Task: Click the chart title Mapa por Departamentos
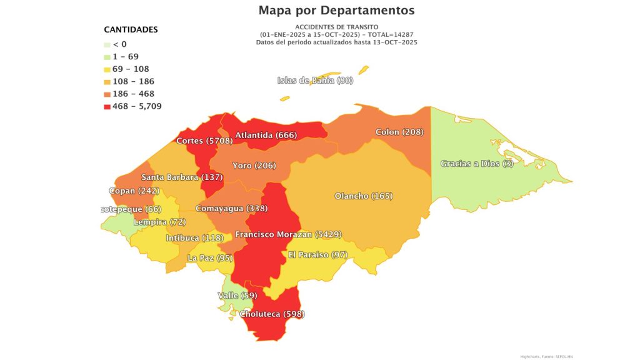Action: tap(336, 11)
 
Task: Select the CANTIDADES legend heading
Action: tap(131, 29)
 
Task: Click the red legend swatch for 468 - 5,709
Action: tap(107, 107)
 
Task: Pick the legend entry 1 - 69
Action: tap(126, 57)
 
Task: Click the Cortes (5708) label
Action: tap(204, 141)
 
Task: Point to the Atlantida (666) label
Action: tap(266, 135)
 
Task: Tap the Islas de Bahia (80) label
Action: tap(315, 81)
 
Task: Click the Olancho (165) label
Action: tap(363, 196)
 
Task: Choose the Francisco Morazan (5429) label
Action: tap(287, 234)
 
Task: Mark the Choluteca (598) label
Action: tap(272, 314)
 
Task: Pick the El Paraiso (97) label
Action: tap(317, 255)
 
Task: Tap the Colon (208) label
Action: tap(399, 132)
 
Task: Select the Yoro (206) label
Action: tap(254, 166)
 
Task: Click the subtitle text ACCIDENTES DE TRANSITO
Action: tap(336, 27)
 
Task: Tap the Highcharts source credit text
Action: tap(547, 356)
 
